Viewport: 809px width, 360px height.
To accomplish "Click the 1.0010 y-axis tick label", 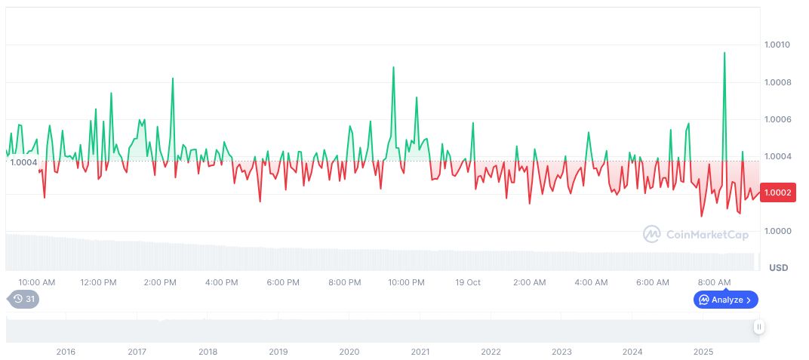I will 777,45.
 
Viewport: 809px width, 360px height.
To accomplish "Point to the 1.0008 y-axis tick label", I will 777,82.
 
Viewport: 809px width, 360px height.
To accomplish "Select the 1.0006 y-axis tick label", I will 777,119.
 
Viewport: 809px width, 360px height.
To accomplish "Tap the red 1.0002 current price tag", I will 777,192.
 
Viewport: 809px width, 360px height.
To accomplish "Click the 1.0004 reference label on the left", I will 23,162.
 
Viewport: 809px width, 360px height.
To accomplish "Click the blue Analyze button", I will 726,300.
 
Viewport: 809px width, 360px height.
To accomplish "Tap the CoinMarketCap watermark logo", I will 696,235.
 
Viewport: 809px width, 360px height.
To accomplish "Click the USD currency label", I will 778,268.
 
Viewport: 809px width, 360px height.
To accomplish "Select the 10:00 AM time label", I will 36,282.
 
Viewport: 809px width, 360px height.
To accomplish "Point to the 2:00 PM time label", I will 160,282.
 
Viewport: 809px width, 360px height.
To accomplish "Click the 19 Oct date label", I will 468,282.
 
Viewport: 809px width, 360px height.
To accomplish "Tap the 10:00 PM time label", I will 406,282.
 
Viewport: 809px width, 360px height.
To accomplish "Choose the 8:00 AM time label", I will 714,282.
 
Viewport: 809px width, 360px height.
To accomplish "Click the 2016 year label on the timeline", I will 66,352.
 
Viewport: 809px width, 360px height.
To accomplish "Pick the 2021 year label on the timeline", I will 420,352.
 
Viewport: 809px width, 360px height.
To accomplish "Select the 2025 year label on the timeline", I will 703,352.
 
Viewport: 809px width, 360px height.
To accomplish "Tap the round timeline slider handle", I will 758,327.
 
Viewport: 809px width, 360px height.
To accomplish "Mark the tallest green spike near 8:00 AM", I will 724,54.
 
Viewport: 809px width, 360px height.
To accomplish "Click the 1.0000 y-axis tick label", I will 777,231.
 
